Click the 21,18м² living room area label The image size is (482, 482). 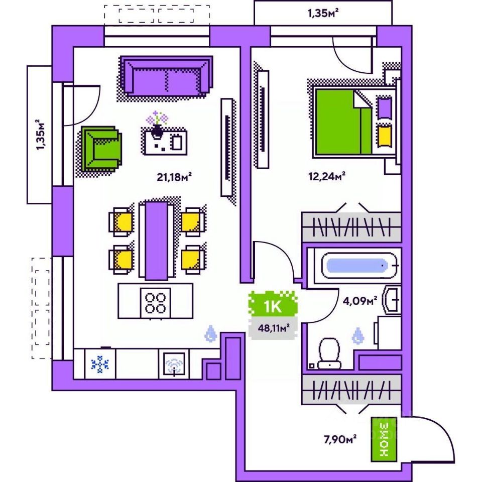(x=174, y=176)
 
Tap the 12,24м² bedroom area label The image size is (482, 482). (x=326, y=176)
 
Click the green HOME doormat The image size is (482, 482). (x=384, y=439)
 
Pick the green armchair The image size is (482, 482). (x=102, y=149)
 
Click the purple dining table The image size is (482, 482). (x=157, y=240)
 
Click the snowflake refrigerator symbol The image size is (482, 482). (x=100, y=364)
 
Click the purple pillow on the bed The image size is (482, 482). (x=385, y=107)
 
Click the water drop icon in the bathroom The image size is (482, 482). (x=358, y=336)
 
